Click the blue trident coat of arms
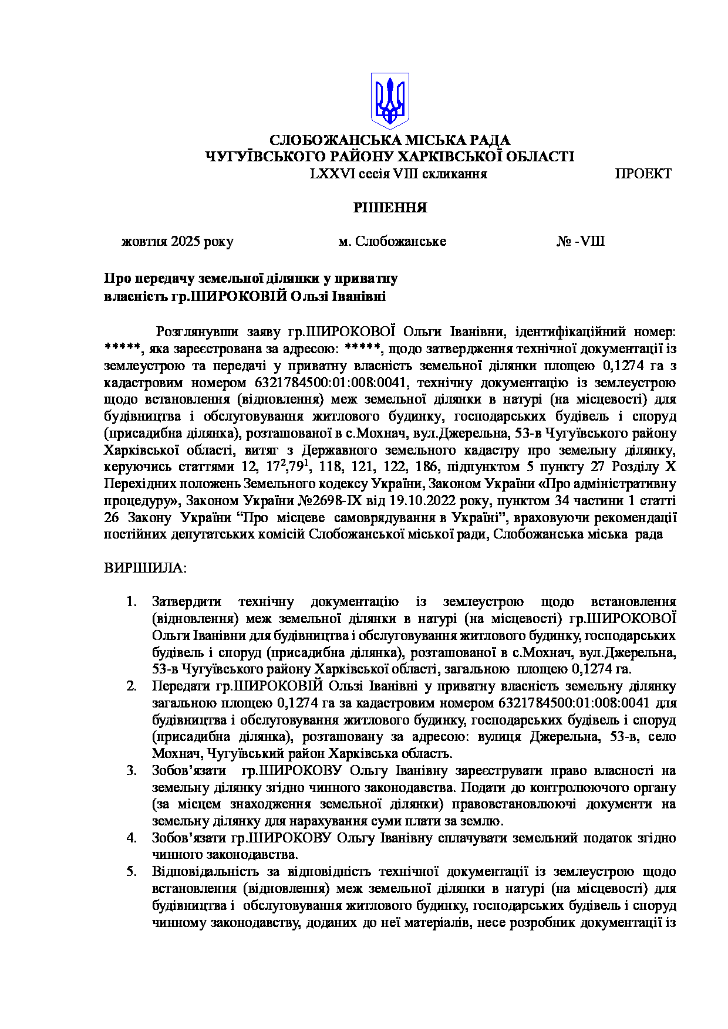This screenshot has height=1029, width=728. click(390, 100)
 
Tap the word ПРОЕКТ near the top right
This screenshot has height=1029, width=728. click(643, 174)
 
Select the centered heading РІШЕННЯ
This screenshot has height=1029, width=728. click(390, 208)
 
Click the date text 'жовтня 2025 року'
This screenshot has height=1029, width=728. click(177, 242)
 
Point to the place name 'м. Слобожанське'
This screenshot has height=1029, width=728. click(392, 242)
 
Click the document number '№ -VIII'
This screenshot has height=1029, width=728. click(580, 242)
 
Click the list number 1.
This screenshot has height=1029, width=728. click(132, 602)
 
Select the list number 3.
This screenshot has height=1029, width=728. click(132, 771)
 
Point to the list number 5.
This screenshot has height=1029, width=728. click(132, 872)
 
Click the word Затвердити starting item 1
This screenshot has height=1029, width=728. click(187, 602)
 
